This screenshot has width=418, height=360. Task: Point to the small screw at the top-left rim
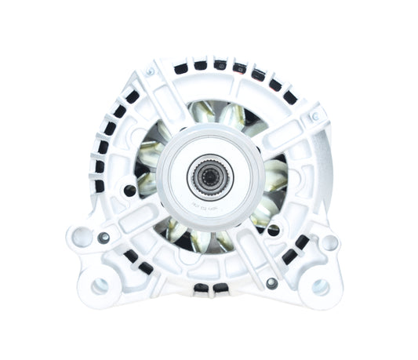[x=149, y=72]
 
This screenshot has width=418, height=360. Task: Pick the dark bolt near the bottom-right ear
[x=271, y=282]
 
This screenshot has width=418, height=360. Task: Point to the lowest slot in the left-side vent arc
[x=99, y=187]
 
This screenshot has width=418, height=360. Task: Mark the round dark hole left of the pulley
[x=130, y=189]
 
